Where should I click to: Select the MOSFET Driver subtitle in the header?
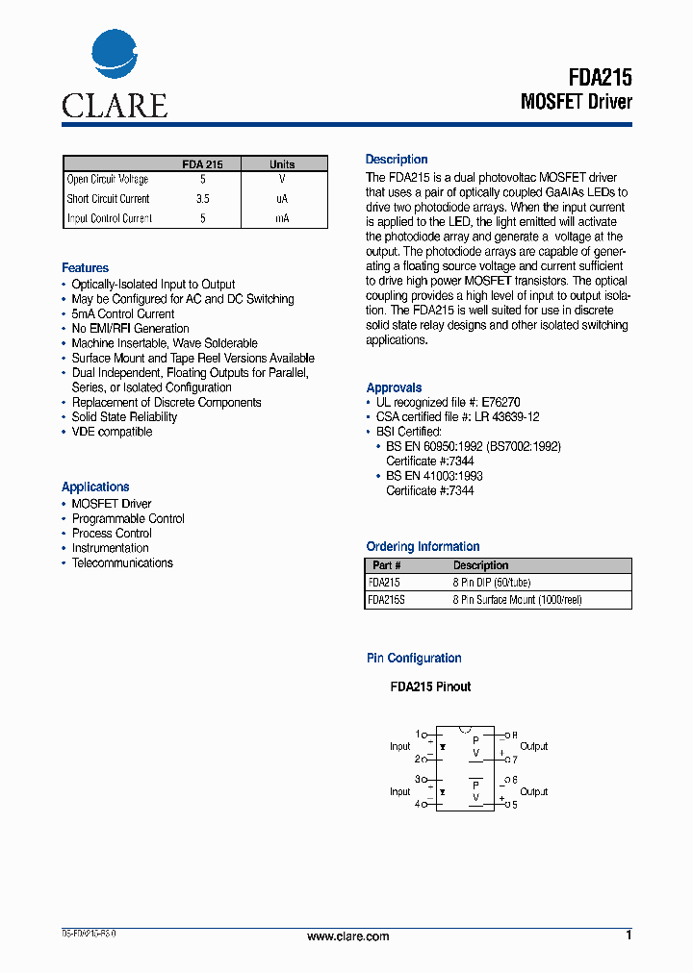576,102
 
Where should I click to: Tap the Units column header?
282,164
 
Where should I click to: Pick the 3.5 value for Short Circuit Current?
202,199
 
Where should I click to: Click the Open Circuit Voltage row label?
107,180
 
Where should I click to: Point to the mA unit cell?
282,218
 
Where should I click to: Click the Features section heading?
85,267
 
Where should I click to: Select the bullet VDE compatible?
112,432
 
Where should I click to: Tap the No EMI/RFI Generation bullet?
130,329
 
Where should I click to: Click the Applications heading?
95,486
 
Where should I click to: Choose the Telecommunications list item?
122,562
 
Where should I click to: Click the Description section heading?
397,160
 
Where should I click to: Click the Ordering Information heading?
423,546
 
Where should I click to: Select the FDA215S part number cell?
385,600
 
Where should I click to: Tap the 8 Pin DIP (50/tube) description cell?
492,583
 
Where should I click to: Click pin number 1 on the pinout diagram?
418,734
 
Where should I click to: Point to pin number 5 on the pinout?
514,805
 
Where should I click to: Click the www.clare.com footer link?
347,936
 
